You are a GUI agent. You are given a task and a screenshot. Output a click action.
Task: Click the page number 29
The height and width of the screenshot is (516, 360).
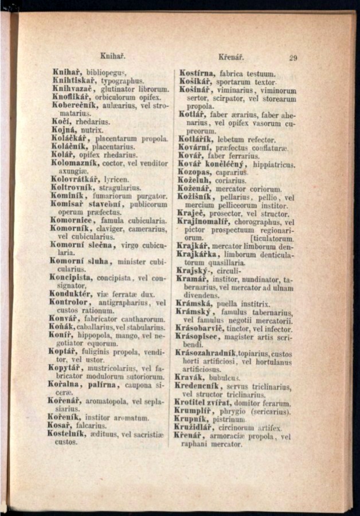[x=293, y=57]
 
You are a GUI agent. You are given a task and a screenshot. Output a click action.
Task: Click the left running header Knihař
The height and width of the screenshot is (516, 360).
[x=112, y=56]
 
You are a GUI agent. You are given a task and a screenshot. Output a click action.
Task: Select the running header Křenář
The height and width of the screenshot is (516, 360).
[x=232, y=57]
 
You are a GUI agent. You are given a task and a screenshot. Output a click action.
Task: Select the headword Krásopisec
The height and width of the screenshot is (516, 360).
[x=200, y=337]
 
